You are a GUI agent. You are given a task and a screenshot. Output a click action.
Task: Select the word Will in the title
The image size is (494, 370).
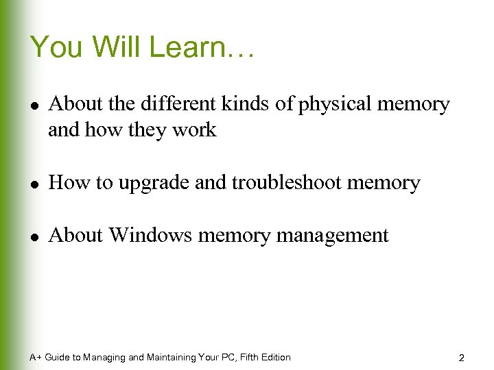click(x=117, y=47)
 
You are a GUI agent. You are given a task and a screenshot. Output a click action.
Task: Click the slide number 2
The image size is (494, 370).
click(x=462, y=358)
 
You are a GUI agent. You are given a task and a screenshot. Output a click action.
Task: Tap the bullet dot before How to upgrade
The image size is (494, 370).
click(x=34, y=184)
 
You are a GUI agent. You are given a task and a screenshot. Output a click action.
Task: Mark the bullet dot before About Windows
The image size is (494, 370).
click(x=34, y=236)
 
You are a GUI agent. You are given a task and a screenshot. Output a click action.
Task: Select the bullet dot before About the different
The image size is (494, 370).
click(x=34, y=105)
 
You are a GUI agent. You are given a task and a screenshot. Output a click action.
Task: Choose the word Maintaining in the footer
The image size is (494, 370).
click(x=171, y=357)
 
